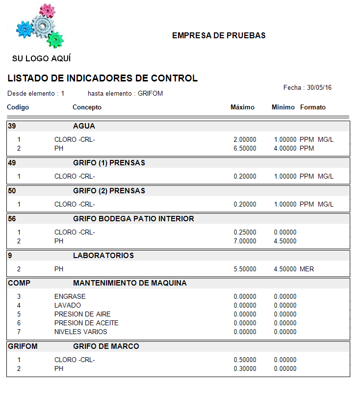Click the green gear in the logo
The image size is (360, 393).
point(55,38)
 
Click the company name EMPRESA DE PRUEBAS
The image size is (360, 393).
point(219,36)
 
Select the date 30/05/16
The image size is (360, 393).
point(319,88)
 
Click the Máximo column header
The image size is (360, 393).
point(242,107)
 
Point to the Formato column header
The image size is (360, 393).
point(313,107)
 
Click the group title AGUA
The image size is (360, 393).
point(84,126)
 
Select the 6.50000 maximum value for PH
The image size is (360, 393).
point(245,148)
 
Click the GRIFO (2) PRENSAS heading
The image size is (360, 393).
point(109,191)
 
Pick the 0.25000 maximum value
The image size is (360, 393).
point(245,232)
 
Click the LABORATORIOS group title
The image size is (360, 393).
point(103,256)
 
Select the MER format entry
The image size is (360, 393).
point(307,269)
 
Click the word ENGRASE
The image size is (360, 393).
point(70,296)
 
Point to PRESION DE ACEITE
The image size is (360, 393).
point(86,323)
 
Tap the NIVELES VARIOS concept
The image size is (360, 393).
point(80,332)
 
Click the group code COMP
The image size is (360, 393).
point(19,283)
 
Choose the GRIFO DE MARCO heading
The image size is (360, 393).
point(106,346)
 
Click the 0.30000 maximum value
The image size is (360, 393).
point(245,368)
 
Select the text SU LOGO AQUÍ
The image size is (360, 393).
point(42,59)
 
